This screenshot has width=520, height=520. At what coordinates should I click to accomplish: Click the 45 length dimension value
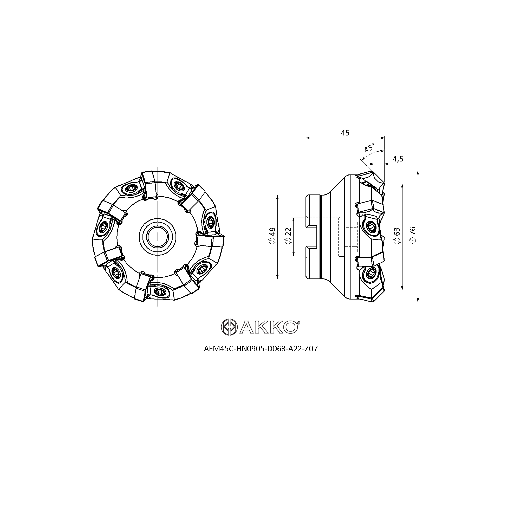[x=345, y=133]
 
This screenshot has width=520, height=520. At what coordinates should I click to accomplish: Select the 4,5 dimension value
[x=398, y=159]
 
